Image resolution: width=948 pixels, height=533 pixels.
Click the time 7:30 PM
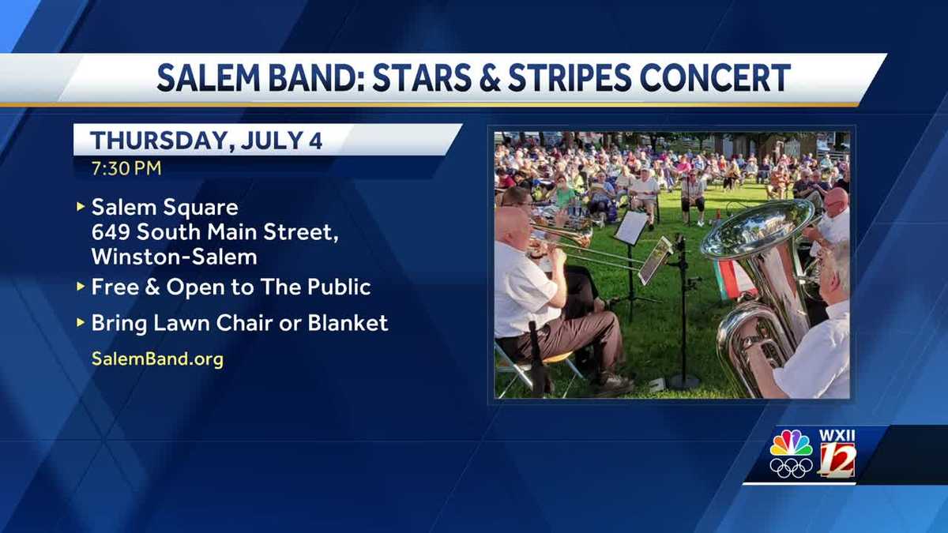[126, 167]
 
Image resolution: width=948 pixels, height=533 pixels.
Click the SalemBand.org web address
[157, 358]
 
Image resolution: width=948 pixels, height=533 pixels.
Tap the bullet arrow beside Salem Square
[80, 208]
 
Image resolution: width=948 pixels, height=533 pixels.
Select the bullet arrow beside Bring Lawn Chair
[80, 323]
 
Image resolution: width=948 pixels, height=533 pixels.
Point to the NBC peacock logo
[791, 443]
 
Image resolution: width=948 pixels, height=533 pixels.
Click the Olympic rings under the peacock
[791, 467]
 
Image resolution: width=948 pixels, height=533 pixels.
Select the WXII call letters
[837, 435]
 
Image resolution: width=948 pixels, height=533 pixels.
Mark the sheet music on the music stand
[631, 227]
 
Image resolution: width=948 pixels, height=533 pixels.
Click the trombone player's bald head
[511, 223]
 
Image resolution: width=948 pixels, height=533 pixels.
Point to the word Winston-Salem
[174, 257]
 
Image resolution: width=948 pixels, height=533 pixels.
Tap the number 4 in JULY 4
[315, 141]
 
